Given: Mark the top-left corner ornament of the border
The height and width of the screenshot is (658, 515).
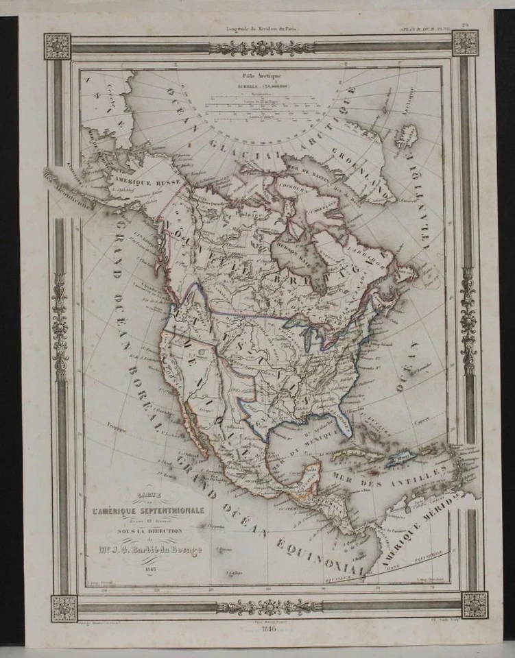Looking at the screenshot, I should [x=58, y=46].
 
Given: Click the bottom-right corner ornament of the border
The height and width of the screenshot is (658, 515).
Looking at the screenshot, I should [x=475, y=605].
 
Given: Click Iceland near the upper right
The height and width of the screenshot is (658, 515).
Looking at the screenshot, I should [x=407, y=136].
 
